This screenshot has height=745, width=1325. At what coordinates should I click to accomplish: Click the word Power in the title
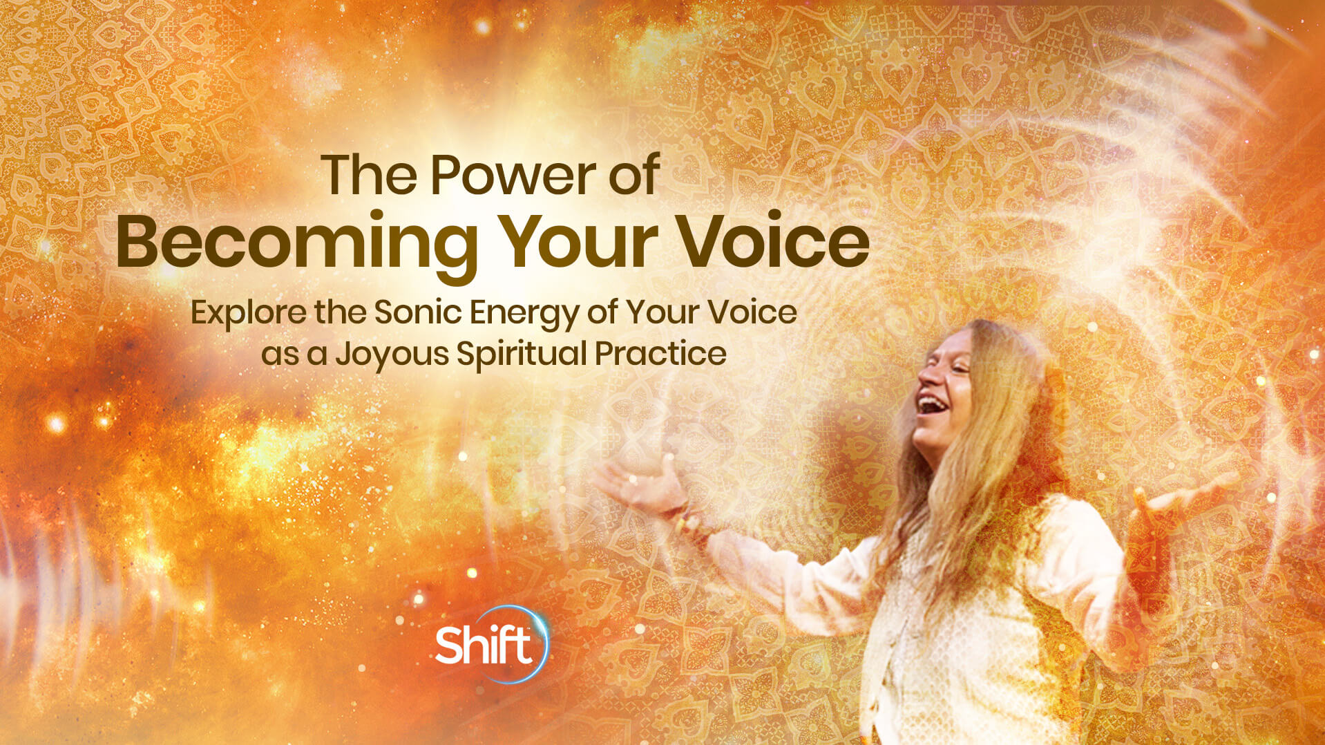click(513, 176)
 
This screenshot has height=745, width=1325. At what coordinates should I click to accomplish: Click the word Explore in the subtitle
click(248, 313)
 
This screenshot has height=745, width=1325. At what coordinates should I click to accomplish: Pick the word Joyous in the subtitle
click(392, 354)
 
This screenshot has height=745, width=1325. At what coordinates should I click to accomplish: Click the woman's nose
click(925, 377)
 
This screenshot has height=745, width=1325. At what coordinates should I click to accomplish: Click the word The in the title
click(368, 176)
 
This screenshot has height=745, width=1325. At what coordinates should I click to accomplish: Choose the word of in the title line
click(633, 176)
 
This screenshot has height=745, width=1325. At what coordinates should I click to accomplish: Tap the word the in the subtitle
click(340, 312)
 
